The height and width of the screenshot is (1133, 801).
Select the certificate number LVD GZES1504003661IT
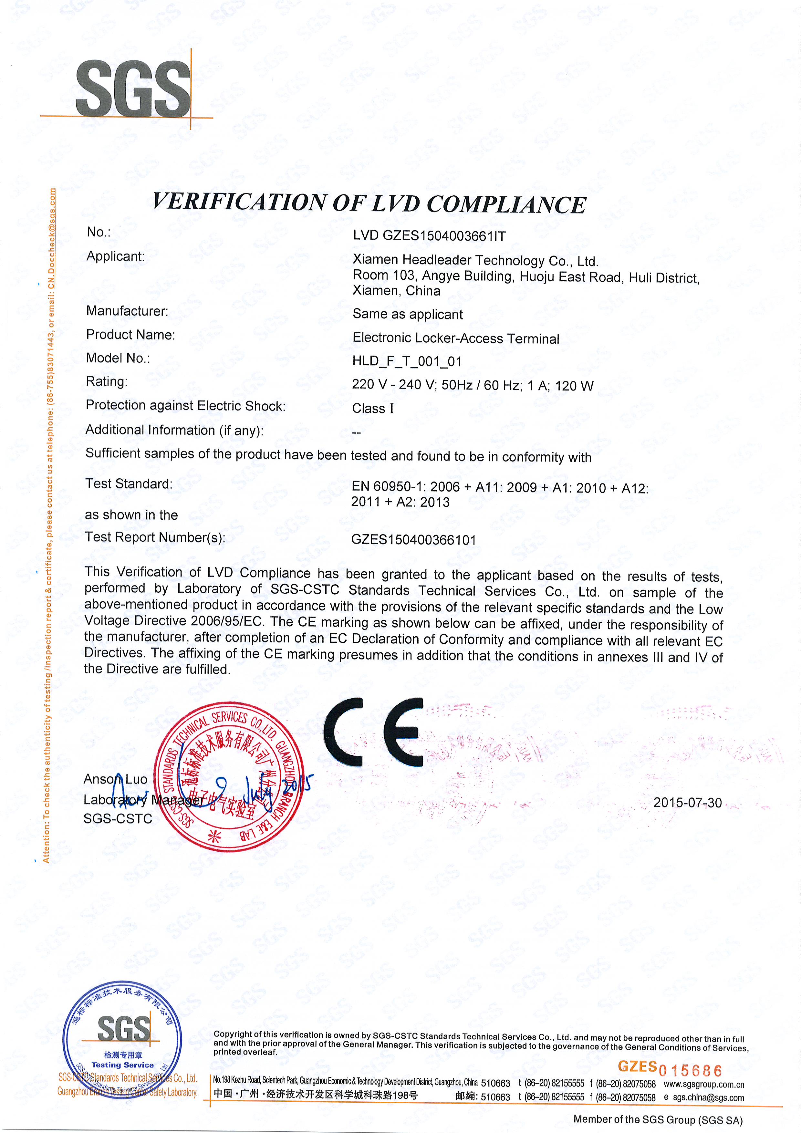click(x=429, y=236)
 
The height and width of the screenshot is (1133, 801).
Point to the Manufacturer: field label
click(x=127, y=311)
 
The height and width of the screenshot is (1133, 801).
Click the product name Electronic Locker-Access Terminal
click(x=455, y=338)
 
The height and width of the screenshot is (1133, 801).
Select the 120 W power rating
click(x=574, y=386)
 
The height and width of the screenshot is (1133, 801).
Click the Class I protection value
click(x=373, y=409)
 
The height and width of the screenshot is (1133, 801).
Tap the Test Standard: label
click(x=129, y=483)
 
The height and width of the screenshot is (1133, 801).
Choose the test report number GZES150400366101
click(x=413, y=540)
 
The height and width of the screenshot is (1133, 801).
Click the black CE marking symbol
click(x=374, y=732)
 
